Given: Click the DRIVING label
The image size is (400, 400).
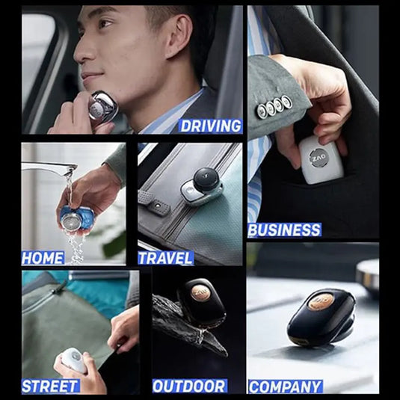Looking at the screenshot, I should point(210,126).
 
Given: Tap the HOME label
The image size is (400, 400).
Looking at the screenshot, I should point(43,258).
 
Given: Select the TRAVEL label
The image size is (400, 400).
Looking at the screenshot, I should point(165,258).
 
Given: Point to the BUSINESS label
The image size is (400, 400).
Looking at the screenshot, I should point(284,230).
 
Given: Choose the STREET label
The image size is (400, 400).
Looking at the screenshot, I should point(50,386).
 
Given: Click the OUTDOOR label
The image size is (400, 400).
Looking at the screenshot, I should point(189,386).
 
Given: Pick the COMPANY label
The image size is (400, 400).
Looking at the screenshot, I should point(286,387).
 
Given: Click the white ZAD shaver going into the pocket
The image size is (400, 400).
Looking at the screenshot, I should point(321,159).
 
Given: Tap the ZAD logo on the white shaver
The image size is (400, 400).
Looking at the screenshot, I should point(319,159).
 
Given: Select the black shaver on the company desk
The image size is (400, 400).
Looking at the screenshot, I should point(321,317).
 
